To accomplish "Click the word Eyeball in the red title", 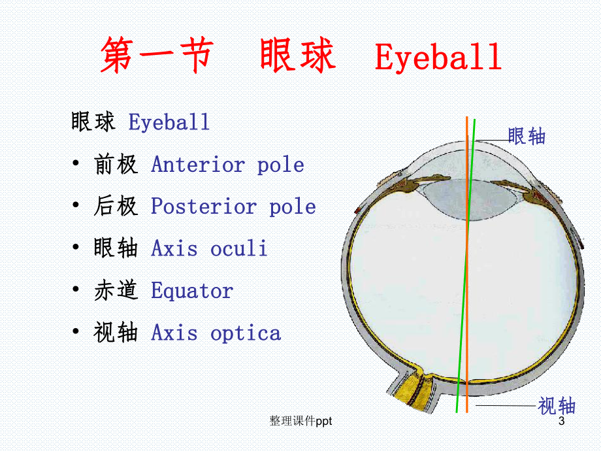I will point(438,58).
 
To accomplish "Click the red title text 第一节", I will point(157,56).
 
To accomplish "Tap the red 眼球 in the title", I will point(297,56).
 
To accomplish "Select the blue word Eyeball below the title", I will point(169,122).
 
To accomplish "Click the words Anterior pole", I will point(227,165).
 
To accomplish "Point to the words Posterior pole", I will point(233,207).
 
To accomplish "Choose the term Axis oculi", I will point(209,248).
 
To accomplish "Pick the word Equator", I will point(191,291).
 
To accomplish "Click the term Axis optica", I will point(216,333).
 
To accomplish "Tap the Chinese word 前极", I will point(116,165).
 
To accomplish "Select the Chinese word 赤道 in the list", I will point(116,291).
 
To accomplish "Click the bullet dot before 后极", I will point(78,207).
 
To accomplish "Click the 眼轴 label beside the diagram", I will point(527,136).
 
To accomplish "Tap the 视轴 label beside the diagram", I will point(557,406).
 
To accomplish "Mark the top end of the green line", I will point(474,121).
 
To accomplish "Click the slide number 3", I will point(560,422).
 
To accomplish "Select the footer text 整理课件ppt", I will point(300,422).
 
